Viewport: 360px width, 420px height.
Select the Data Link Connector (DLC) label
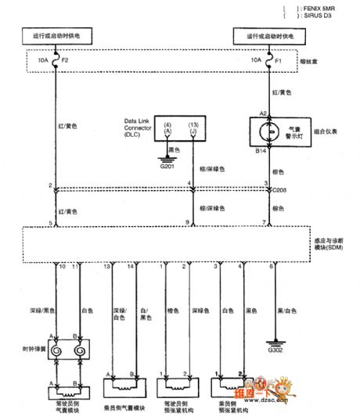click(x=143, y=127)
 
